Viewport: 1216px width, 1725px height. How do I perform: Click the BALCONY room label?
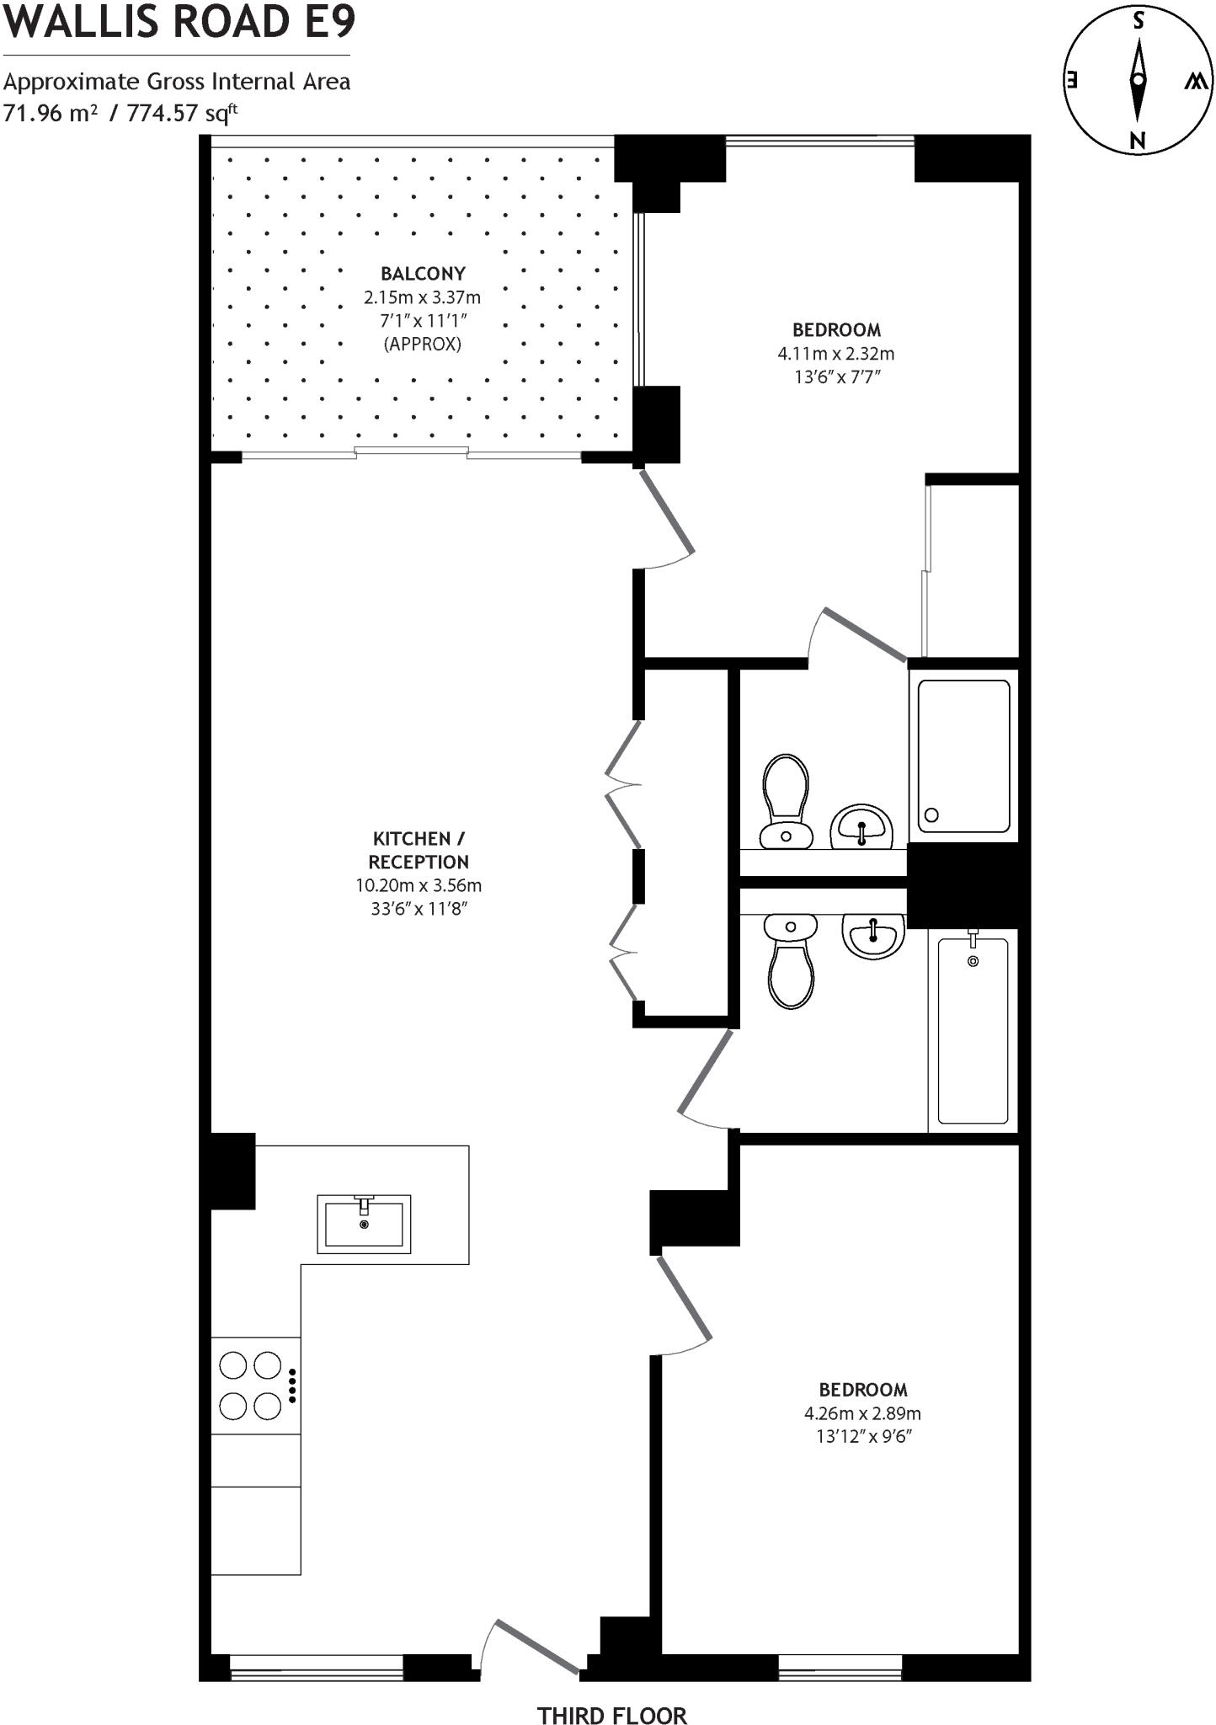pos(423,274)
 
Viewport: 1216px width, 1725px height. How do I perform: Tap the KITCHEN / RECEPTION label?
pos(419,850)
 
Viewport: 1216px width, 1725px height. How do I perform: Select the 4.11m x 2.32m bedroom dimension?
pos(836,354)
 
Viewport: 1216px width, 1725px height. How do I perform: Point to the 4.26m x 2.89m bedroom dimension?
pos(862,1413)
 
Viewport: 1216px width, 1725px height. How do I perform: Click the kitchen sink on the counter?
pos(364,1223)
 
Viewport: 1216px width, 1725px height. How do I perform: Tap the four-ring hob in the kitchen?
pos(251,1385)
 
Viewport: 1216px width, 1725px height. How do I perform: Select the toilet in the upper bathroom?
pos(786,801)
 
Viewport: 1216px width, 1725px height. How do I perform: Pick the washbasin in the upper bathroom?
pos(861,827)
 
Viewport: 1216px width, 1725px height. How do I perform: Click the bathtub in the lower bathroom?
pos(973,1030)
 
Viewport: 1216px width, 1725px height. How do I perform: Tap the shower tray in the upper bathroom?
pos(963,755)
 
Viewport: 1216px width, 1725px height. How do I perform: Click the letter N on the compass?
pos(1138,141)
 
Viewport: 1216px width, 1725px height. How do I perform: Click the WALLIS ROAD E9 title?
pos(179,22)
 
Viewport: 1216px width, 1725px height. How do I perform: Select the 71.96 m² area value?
pos(51,113)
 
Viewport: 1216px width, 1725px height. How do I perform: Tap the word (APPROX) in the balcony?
pos(423,344)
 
